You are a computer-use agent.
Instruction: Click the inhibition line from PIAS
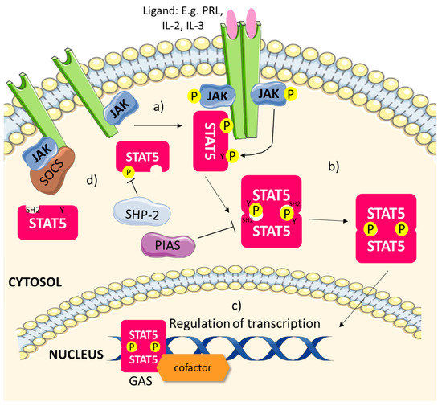pyautogui.click(x=211, y=238)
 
